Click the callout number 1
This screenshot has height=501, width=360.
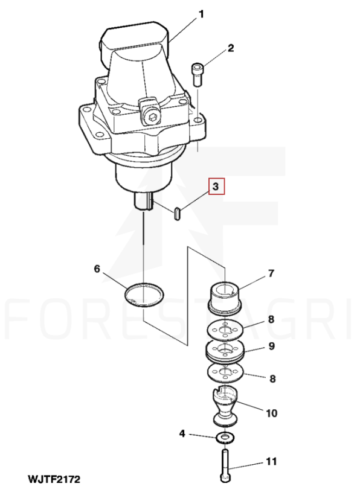pos(201,14)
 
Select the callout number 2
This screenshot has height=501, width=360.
pos(231,48)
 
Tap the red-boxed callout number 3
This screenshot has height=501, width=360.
pos(216,187)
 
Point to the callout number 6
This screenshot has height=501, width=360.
pos(97,269)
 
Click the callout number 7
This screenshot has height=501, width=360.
pos(271,273)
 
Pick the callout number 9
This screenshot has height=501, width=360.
pos(271,346)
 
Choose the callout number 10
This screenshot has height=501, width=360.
pos(271,413)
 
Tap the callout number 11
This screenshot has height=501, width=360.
pos(271,461)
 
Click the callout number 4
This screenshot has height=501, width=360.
pos(182,433)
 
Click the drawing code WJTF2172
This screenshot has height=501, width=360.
pos(54,479)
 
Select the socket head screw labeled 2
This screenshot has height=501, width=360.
pos(198,75)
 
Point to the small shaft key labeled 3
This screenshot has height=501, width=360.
pos(178,214)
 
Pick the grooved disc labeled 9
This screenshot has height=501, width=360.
pos(226,352)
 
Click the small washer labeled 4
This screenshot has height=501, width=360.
pos(225,438)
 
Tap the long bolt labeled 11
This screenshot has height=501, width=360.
pos(225,465)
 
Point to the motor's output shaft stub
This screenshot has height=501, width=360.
pos(144,201)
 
